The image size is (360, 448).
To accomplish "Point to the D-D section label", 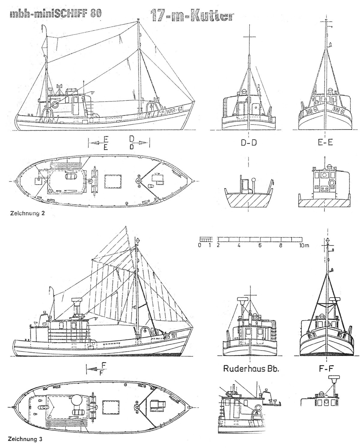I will (249, 143).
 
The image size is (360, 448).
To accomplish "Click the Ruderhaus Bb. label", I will (251, 368).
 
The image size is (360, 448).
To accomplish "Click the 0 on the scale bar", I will (200, 245).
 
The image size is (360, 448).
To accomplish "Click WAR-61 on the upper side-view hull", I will (174, 110).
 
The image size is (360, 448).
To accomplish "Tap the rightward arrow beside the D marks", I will (142, 143).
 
